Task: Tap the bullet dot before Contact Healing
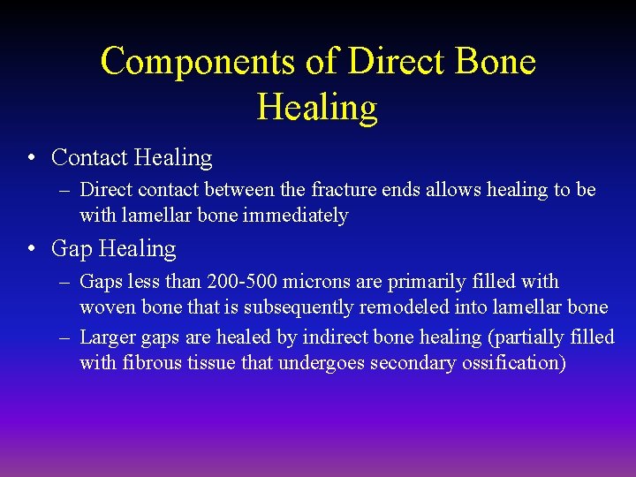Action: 31,158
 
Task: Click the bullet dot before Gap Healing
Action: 31,249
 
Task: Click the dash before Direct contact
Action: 67,190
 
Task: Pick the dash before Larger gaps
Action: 67,337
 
